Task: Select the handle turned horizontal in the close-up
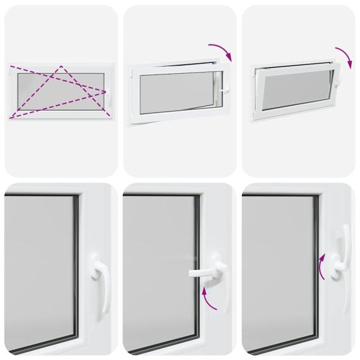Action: point(204,273)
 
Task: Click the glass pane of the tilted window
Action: point(295,90)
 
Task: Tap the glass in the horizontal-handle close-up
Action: point(156,270)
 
